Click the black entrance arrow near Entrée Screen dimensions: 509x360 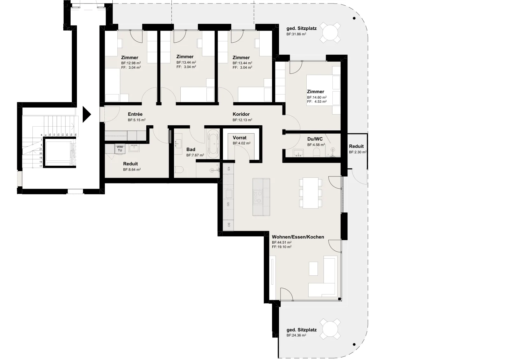pos(87,114)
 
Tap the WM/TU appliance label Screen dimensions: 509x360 pos(120,149)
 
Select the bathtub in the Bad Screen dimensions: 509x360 pos(213,144)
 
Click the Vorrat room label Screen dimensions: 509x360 pos(240,138)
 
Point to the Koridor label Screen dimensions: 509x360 pos(241,114)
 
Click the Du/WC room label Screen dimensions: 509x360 pos(315,139)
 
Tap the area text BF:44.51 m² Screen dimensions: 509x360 pos(282,242)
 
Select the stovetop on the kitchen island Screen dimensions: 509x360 pos(258,197)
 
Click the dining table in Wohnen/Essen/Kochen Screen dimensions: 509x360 pos(310,193)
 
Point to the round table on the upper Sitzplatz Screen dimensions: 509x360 pos(330,32)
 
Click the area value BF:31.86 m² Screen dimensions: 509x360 pos(296,34)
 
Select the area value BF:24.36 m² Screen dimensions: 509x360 pos(296,335)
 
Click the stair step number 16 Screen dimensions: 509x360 pos(75,135)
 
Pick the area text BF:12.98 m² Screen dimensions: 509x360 pos(131,63)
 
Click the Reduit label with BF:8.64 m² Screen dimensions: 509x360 pos(130,164)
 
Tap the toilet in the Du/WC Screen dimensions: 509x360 pos(317,152)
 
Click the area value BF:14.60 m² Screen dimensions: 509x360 pos(317,97)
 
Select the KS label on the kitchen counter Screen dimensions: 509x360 pos(229,169)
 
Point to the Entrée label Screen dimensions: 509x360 pos(135,114)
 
